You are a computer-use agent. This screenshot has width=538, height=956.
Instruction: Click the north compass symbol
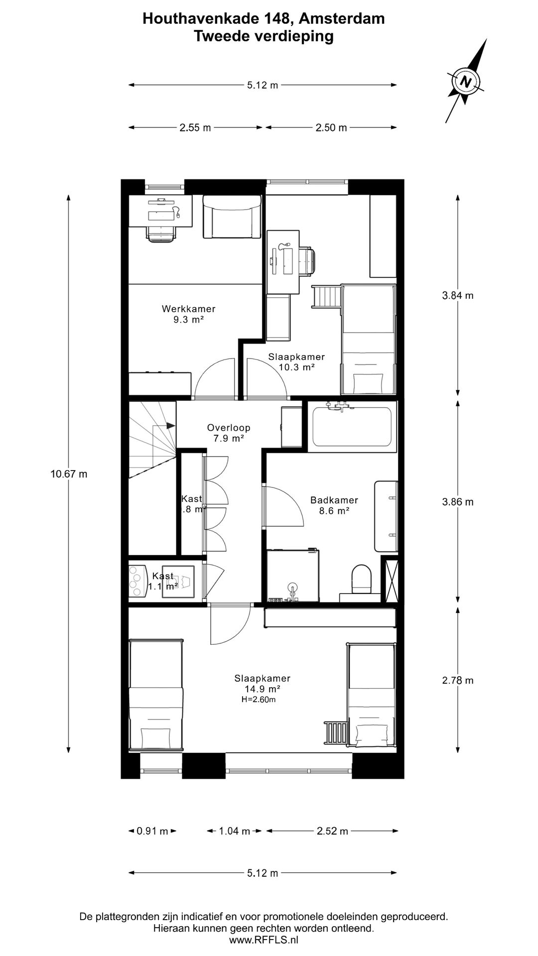point(466,81)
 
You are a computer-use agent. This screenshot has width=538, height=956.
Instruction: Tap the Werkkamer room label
point(189,309)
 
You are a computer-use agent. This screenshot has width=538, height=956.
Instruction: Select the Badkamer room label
point(334,500)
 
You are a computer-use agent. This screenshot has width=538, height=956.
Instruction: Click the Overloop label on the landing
point(229,428)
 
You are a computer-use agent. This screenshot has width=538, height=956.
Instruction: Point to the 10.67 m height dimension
point(69,474)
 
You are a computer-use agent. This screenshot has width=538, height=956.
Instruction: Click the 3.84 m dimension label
point(458,295)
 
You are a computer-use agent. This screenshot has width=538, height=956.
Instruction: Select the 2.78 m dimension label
point(458,680)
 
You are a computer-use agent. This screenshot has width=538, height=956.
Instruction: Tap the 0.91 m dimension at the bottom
point(152,831)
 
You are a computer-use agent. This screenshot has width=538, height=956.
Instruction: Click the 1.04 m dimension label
point(235,831)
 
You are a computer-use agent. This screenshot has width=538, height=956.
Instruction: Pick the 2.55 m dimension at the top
point(195,127)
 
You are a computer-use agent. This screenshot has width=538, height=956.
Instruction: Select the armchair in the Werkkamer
point(232,217)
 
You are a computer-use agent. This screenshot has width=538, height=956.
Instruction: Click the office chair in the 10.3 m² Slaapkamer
point(307,260)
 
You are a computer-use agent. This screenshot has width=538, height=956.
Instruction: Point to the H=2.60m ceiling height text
point(259,699)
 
